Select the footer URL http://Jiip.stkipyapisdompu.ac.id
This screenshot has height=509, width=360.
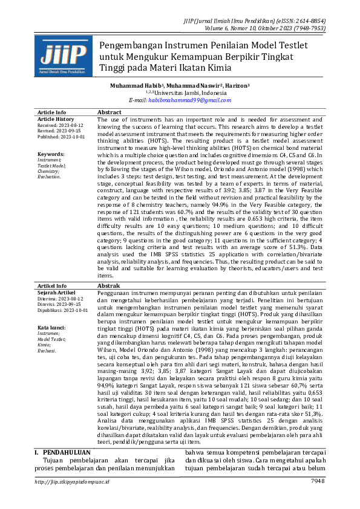tap(73, 481)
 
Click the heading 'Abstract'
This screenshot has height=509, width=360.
tap(110, 113)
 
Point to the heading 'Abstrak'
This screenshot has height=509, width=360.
tap(109, 285)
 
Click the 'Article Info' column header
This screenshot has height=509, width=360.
tap(52, 113)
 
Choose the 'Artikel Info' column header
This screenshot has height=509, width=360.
tap(52, 285)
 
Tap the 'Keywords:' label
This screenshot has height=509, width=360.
tap(51, 154)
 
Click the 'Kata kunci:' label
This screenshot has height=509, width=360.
tap(51, 327)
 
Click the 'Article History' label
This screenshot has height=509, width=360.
tap(56, 119)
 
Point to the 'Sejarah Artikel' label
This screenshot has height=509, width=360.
tap(56, 291)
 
